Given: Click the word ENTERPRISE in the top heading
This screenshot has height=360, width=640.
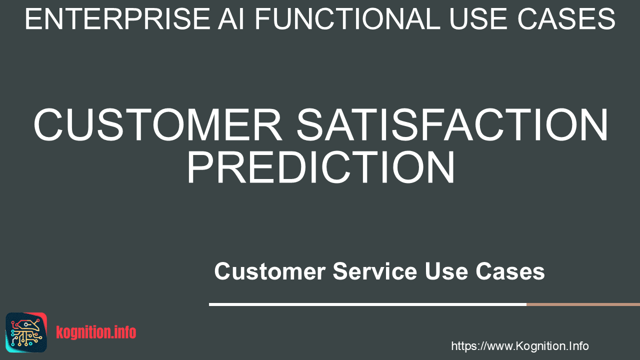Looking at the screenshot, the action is (x=117, y=19).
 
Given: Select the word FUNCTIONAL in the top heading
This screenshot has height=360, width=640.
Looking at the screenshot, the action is (x=347, y=19).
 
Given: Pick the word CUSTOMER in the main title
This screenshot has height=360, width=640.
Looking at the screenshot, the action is (x=158, y=124).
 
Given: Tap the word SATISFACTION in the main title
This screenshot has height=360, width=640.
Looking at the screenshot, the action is (x=452, y=124).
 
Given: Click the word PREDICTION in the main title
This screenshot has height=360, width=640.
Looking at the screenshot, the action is (x=321, y=167).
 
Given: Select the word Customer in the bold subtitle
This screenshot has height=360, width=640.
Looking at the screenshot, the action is (x=270, y=271).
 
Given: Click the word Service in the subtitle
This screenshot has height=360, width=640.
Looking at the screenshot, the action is (x=375, y=271).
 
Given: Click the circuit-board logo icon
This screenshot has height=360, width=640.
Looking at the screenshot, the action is (x=26, y=332).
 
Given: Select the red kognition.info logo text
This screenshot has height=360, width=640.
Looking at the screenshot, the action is (x=96, y=332).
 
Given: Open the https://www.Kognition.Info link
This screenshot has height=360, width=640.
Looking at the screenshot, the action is (x=519, y=346).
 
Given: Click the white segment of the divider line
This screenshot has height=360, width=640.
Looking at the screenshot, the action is (x=367, y=304).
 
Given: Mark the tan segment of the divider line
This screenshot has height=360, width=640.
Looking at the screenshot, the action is (x=583, y=304).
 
